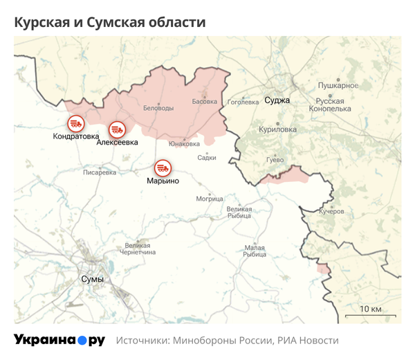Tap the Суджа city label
pyautogui.click(x=277, y=100)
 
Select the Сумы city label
pyautogui.click(x=92, y=279)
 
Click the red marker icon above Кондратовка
pyautogui.click(x=75, y=123)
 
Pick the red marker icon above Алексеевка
pyautogui.click(x=117, y=129)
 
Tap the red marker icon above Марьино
pyautogui.click(x=163, y=167)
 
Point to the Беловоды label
pyautogui.click(x=158, y=108)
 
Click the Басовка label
pyautogui.click(x=204, y=102)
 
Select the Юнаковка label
pyautogui.click(x=185, y=144)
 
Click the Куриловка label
pyautogui.click(x=277, y=129)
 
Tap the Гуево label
pyautogui.click(x=275, y=160)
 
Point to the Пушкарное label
pyautogui.click(x=338, y=85)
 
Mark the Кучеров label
pyautogui.click(x=331, y=211)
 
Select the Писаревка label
pyautogui.click(x=100, y=172)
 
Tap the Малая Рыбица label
pyautogui.click(x=255, y=251)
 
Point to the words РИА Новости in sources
pyautogui.click(x=308, y=341)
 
